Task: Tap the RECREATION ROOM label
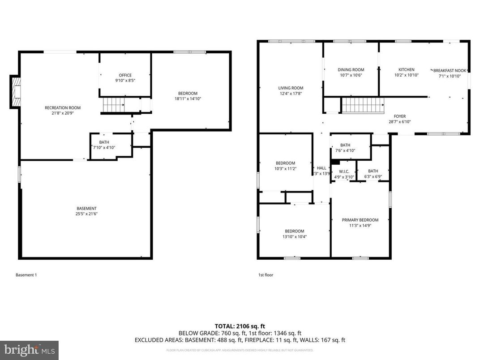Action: click(x=62, y=107)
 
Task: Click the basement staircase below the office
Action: click(x=113, y=106)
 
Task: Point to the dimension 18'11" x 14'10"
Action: click(x=187, y=99)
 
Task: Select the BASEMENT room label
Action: click(x=86, y=208)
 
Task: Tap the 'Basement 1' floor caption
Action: click(x=26, y=275)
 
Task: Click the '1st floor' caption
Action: click(x=266, y=275)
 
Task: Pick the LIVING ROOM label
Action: click(x=291, y=88)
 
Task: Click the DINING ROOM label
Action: click(x=351, y=69)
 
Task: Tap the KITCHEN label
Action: click(x=407, y=69)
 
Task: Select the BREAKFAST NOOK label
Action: click(x=449, y=71)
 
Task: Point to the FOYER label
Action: click(x=400, y=116)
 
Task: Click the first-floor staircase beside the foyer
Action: click(x=363, y=107)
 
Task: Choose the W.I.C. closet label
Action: click(x=344, y=171)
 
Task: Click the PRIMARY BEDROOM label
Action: click(x=360, y=220)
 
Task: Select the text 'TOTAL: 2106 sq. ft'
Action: click(x=240, y=326)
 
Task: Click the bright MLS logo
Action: click(x=29, y=349)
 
